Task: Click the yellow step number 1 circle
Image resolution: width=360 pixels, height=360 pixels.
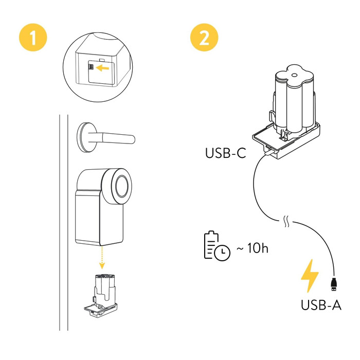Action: (34, 38)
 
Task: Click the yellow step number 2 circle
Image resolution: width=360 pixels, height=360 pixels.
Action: (204, 38)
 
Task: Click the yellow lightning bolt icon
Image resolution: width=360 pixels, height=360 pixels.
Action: (310, 276)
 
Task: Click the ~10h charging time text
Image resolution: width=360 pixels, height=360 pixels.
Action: (253, 248)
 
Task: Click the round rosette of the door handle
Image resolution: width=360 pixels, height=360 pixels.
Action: (86, 137)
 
